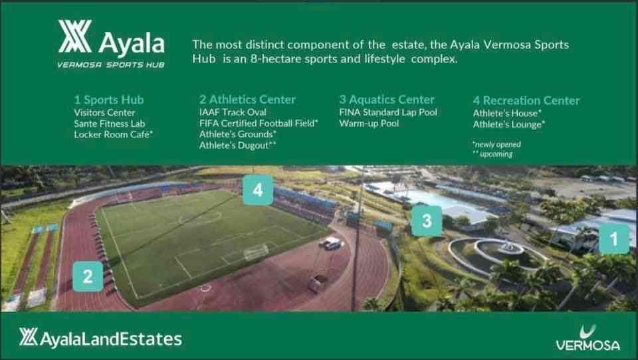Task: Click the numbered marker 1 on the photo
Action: point(614,238)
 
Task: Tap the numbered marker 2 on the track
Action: point(88,276)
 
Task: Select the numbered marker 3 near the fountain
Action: point(427,221)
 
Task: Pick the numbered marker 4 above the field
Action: point(258,189)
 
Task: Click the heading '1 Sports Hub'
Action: point(108,100)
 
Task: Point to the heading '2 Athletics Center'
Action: point(247,99)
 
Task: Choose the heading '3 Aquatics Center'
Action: point(387,99)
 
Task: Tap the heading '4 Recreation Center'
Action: point(526,100)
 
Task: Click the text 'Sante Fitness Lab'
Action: point(110,124)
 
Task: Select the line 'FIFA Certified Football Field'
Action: point(259,124)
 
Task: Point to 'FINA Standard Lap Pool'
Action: point(388,112)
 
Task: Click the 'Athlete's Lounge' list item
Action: point(509,124)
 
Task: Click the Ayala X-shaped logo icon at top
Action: point(74,37)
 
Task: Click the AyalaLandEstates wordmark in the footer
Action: point(100,339)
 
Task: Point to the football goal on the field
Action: point(256,252)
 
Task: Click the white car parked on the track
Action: point(332,243)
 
